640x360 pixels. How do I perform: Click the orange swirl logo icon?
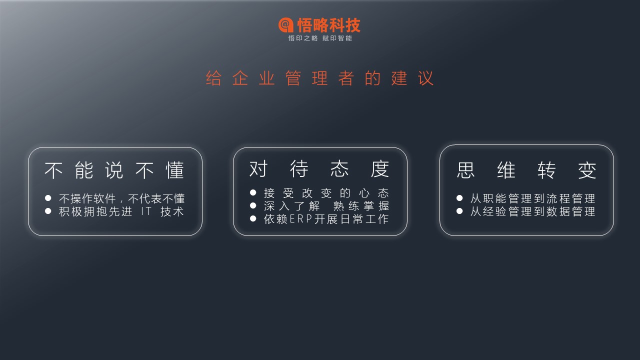(x=286, y=25)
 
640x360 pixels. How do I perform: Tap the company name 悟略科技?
(x=329, y=25)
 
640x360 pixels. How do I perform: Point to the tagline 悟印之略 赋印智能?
(x=320, y=38)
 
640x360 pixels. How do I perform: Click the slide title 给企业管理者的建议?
(x=319, y=78)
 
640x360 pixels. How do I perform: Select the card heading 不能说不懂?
(x=114, y=170)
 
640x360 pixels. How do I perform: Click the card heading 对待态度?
(x=319, y=169)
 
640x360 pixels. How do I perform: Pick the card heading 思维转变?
(x=526, y=170)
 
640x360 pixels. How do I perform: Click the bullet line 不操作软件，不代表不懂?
(x=121, y=198)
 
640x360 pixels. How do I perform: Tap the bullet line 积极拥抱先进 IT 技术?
(x=121, y=211)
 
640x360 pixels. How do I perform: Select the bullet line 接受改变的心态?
(x=326, y=193)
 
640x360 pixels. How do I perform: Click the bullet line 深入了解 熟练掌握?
(x=326, y=205)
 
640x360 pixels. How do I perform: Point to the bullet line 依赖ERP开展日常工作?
(x=326, y=219)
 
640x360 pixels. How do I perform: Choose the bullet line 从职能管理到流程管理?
(x=533, y=198)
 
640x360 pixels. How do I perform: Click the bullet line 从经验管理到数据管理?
(x=533, y=211)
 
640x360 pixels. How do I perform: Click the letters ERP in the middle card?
(x=301, y=219)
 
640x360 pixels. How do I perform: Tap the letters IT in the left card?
(x=146, y=211)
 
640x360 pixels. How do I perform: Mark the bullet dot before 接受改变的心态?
(x=253, y=192)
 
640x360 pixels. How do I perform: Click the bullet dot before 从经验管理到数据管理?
(x=459, y=211)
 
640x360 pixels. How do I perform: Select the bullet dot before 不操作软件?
(x=48, y=198)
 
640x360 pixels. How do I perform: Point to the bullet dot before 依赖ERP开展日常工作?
(x=253, y=218)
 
